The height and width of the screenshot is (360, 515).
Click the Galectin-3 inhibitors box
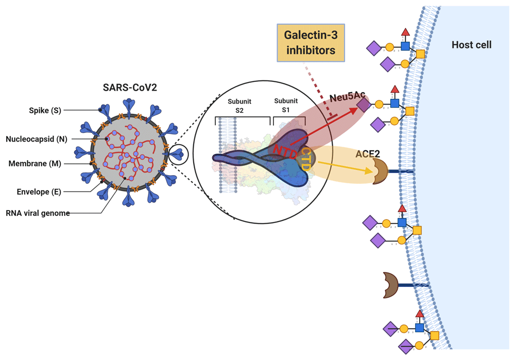point(311,43)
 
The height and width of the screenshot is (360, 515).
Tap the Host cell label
point(471,45)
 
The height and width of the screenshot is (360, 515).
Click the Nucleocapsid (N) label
point(36,139)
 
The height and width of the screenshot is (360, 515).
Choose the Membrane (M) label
point(35,164)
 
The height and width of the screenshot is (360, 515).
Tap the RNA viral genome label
point(38,213)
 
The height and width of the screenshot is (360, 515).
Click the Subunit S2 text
point(239,106)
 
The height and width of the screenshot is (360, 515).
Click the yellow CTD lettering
point(305,159)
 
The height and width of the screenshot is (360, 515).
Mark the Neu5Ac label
point(348,97)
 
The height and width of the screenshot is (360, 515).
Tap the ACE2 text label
point(368,153)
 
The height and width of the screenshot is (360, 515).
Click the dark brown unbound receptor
point(390,285)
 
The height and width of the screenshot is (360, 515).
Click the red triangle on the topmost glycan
point(405,33)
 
